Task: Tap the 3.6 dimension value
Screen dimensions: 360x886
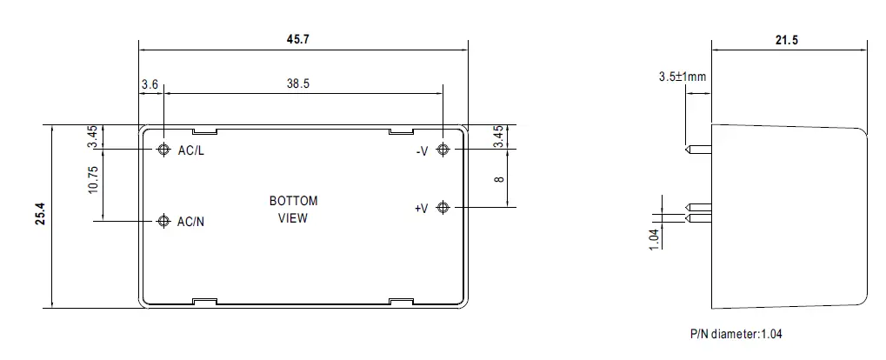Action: (150, 83)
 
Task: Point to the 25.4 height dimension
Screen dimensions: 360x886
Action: (40, 217)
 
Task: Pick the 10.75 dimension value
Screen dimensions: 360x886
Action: (93, 181)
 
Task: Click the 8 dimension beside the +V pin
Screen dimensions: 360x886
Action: (498, 178)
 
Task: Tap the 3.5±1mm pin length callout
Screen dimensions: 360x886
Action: (683, 77)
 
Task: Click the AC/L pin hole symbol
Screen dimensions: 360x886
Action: (163, 150)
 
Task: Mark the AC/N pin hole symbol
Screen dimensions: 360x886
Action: (163, 221)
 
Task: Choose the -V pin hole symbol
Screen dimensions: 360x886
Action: (443, 150)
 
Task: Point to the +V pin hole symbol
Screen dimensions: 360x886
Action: (443, 207)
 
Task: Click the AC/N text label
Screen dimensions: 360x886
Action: (190, 222)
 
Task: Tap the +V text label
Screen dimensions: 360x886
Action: (421, 208)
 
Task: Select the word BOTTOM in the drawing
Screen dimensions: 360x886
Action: (293, 201)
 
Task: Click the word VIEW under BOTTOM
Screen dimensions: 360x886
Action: (292, 218)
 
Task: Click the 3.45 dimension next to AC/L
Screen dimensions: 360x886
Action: (93, 137)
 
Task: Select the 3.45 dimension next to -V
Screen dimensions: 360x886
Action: (498, 137)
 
